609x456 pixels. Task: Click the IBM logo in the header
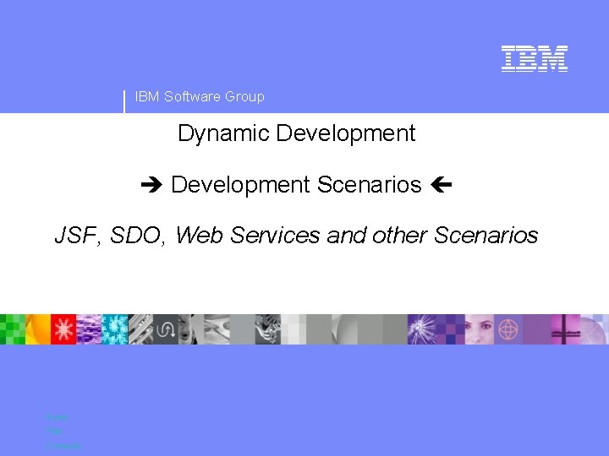pyautogui.click(x=534, y=58)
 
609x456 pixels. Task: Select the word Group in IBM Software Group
pyautogui.click(x=244, y=96)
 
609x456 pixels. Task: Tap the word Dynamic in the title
pyautogui.click(x=223, y=133)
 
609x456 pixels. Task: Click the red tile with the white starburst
pyautogui.click(x=63, y=328)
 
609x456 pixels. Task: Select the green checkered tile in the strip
pyautogui.click(x=12, y=328)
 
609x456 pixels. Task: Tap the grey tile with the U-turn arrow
pyautogui.click(x=166, y=328)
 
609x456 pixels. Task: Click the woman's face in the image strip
pyautogui.click(x=479, y=328)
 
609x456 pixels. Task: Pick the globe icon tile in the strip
pyautogui.click(x=508, y=328)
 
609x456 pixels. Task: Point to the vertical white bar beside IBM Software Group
pyautogui.click(x=125, y=101)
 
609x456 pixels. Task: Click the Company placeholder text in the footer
pyautogui.click(x=63, y=445)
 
